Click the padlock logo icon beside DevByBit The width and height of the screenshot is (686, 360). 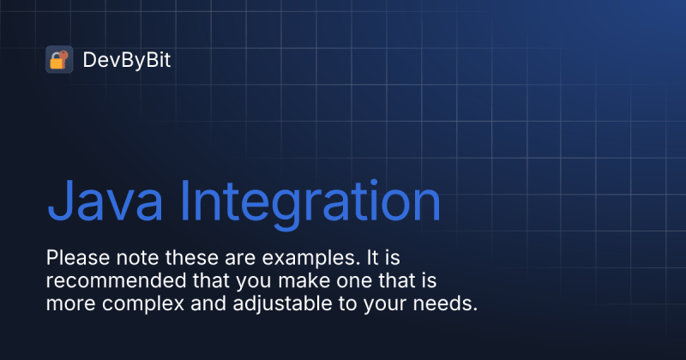[59, 59]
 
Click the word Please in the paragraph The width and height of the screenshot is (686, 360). [73, 257]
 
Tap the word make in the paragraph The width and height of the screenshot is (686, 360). [271, 280]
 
